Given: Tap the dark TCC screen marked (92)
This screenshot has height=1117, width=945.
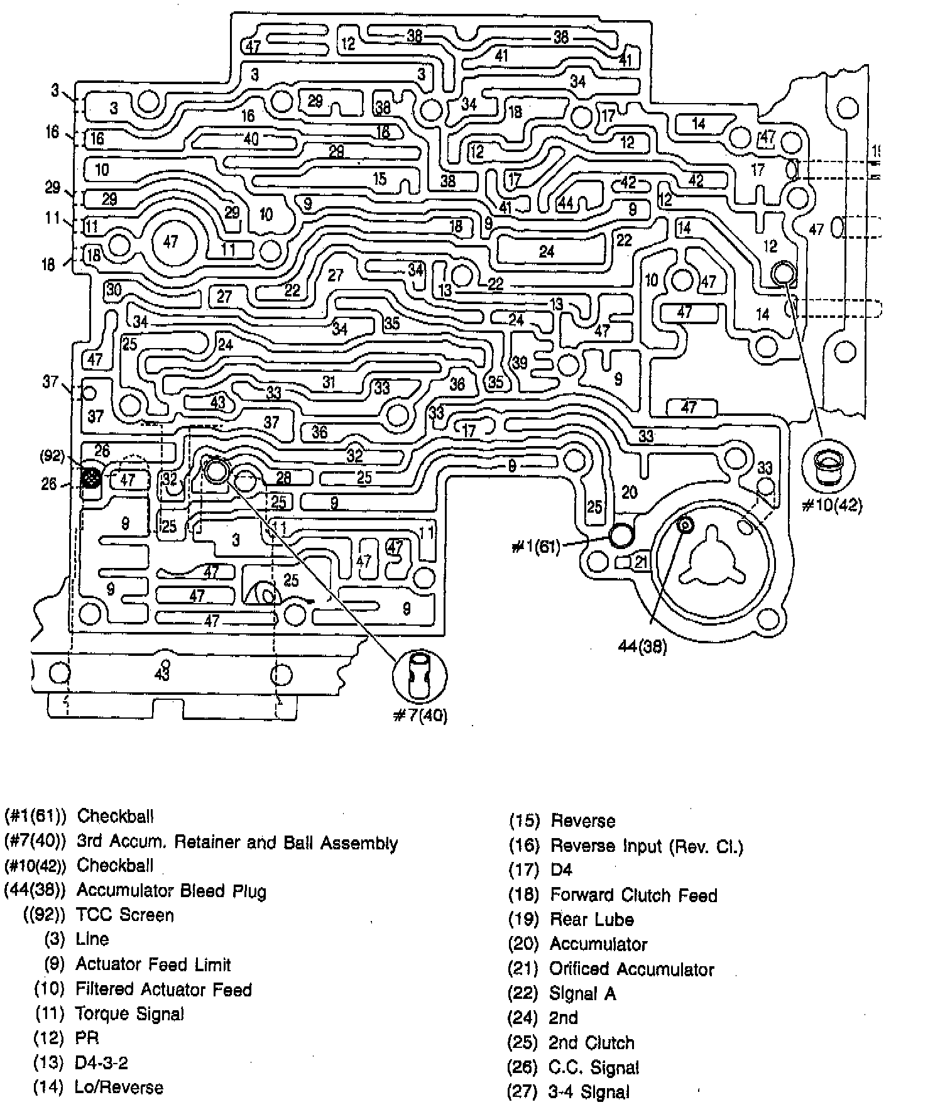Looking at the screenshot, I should tap(91, 479).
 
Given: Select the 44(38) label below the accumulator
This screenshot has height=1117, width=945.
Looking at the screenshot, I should tap(642, 646).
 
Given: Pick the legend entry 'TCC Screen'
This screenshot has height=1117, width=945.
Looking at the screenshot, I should tap(124, 915).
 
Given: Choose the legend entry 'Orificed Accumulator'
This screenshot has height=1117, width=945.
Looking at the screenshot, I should tap(631, 969).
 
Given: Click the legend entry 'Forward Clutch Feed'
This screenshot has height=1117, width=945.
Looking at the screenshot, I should tap(633, 895).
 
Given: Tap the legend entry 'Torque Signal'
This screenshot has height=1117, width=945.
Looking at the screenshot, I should tap(129, 1013).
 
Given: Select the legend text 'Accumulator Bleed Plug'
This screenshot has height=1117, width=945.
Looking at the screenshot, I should tap(171, 890).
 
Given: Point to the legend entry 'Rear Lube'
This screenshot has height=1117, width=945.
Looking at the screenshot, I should tap(592, 919).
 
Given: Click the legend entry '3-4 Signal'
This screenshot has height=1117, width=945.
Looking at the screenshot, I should tap(588, 1092).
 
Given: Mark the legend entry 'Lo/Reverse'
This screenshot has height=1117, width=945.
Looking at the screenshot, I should tap(119, 1087).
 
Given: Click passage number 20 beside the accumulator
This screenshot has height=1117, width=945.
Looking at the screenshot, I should tap(629, 492).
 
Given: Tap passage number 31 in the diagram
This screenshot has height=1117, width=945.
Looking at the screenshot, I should tap(329, 381).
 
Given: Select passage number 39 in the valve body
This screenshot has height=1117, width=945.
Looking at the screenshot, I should tap(520, 362).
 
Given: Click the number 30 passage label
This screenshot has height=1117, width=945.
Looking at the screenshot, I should tap(114, 290).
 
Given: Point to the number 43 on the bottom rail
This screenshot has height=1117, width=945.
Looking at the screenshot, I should tap(162, 674).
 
